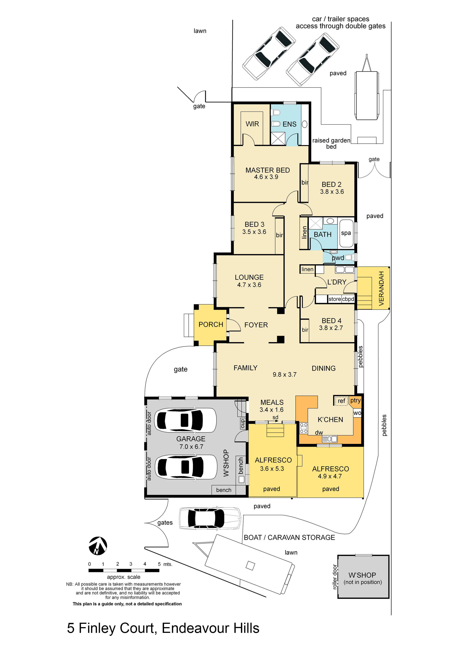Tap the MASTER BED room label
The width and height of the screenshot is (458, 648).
[x=268, y=170]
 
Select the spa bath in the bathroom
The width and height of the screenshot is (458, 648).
[x=346, y=233]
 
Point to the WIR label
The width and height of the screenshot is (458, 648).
[x=252, y=124]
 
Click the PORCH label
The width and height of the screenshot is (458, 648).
[x=211, y=325]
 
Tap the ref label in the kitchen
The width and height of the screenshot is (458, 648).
[x=341, y=401]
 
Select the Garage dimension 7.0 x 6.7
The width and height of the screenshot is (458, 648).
[x=191, y=446]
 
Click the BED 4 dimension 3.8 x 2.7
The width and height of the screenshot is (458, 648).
[x=331, y=328]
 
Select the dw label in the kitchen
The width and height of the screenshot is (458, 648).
[x=319, y=432]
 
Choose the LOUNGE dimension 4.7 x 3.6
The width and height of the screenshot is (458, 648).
[x=249, y=285]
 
